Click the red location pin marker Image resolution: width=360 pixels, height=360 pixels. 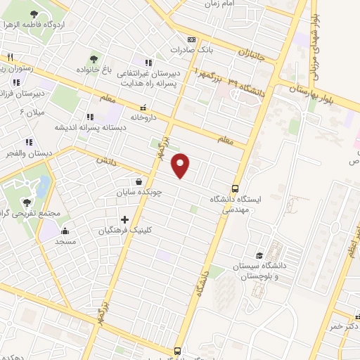181,166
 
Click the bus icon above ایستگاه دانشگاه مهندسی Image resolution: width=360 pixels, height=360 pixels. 235,188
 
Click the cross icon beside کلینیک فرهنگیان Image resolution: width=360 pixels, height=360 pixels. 124,219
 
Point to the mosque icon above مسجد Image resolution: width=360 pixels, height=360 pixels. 65,230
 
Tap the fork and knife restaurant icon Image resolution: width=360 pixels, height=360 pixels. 9,58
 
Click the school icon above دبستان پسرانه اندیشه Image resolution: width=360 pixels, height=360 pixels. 89,117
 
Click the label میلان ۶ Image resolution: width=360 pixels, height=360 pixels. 31,112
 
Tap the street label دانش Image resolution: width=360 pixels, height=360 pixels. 105,160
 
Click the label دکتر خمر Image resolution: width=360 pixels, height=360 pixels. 345,327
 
